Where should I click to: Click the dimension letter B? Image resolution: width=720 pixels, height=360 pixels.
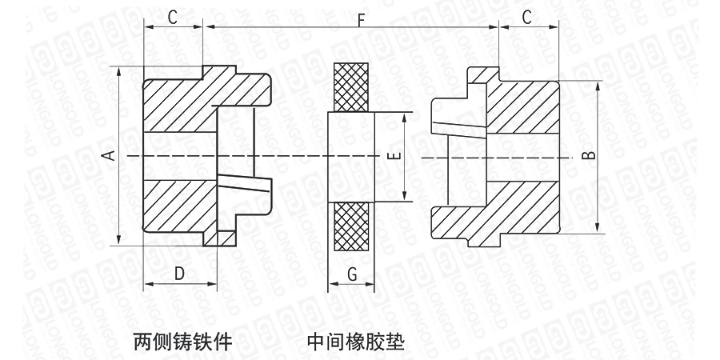(589, 155)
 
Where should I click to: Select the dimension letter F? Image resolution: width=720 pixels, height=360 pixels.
(362, 19)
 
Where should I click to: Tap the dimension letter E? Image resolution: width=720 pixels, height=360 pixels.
(392, 155)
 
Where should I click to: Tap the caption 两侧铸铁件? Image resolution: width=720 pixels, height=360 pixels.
(182, 342)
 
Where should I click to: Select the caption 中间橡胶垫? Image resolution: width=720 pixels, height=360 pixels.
(355, 342)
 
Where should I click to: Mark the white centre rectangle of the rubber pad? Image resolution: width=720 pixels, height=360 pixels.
(352, 155)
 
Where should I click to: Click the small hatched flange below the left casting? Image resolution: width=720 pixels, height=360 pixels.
(220, 238)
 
